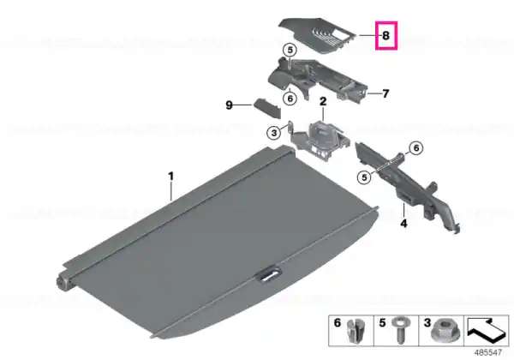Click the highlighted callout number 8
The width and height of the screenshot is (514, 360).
[x=385, y=35]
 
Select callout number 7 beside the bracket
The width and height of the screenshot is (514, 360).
[x=385, y=93]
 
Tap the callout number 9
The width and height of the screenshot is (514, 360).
[x=229, y=105]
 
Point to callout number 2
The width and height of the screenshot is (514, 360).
[x=323, y=101]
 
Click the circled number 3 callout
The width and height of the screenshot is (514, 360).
[x=274, y=133]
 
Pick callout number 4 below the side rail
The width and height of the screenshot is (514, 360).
[x=403, y=224]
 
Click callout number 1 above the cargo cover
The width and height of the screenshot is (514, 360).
[x=170, y=177]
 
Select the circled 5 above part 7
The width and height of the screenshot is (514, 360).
[x=290, y=51]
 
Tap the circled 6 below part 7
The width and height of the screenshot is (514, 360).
[x=290, y=99]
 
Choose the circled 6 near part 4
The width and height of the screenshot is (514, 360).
[x=416, y=148]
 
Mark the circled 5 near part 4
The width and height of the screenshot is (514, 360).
[x=364, y=177]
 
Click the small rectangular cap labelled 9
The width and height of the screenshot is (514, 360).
[x=266, y=109]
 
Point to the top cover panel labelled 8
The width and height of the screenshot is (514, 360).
[x=317, y=35]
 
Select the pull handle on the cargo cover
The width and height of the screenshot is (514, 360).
[x=270, y=275]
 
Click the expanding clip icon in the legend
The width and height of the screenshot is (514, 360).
[x=355, y=331]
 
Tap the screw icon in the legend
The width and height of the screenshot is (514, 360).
[x=400, y=330]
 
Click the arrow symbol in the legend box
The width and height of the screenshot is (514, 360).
[x=487, y=329]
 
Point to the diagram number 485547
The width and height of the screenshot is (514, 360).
[x=488, y=353]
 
